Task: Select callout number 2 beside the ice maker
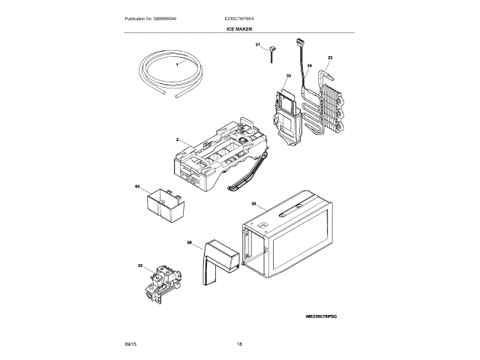pyautogui.click(x=178, y=140)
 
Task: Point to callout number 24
pyautogui.click(x=308, y=66)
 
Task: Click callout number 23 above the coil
pyautogui.click(x=330, y=58)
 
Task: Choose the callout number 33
pyautogui.click(x=287, y=76)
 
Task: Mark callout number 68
pyautogui.click(x=189, y=242)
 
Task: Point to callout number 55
pyautogui.click(x=140, y=265)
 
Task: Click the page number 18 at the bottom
pyautogui.click(x=239, y=343)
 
